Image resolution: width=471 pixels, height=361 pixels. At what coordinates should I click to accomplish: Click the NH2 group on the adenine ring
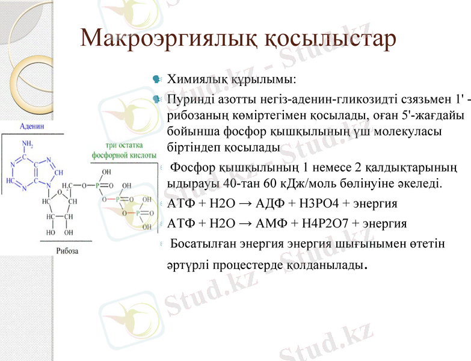(28, 144)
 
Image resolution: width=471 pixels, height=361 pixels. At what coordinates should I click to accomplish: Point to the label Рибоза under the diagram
(67, 250)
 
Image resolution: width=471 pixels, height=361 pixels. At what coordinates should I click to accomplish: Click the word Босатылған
(205, 244)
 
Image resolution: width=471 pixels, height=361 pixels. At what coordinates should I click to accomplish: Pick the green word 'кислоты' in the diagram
(140, 155)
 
